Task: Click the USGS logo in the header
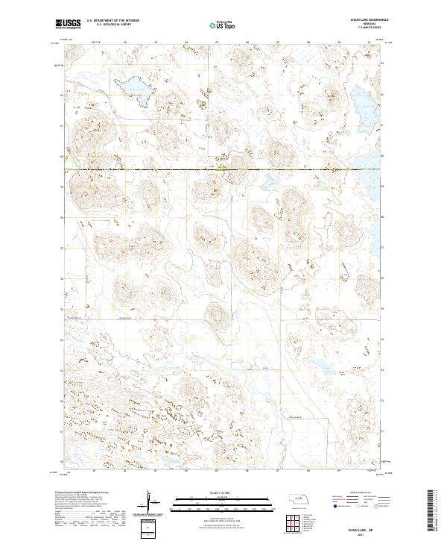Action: coord(68,25)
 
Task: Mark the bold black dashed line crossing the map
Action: coord(223,170)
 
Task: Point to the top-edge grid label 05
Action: coord(216,43)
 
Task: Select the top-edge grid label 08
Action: coord(308,43)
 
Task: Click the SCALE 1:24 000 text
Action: coord(223,492)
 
